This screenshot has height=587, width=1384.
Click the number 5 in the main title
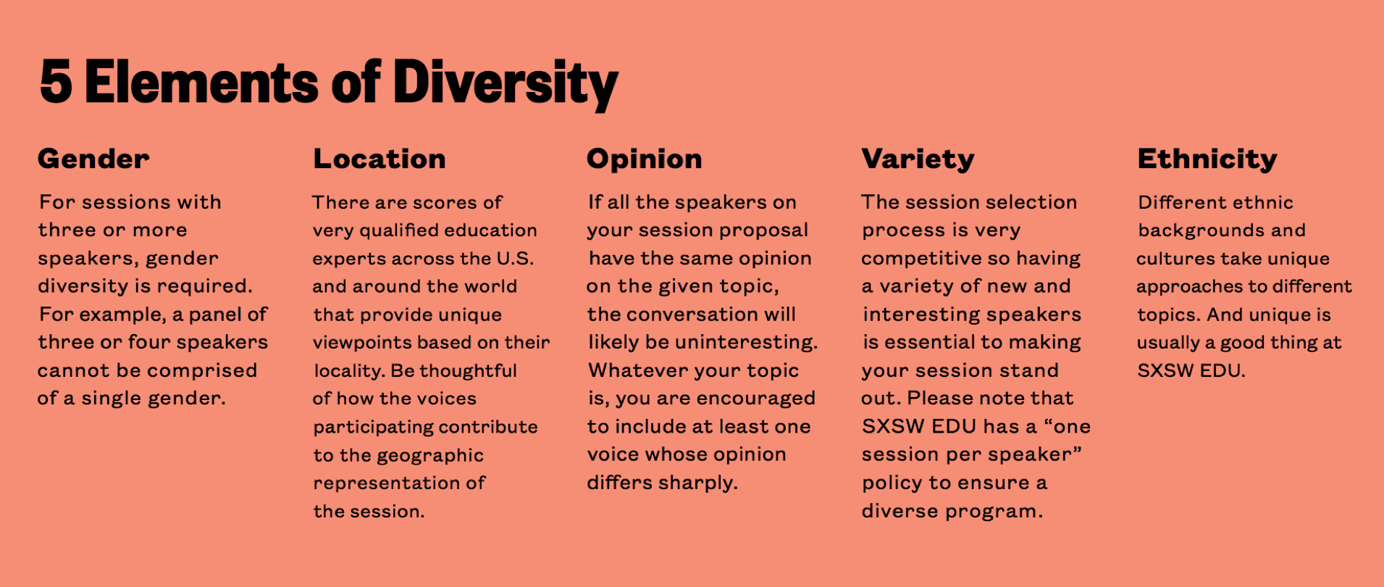pos(56,81)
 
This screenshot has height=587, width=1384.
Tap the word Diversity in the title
pos(506,84)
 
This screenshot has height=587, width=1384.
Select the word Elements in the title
pos(201,81)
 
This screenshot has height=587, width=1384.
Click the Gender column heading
pos(93,159)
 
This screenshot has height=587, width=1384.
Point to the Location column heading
pos(379,159)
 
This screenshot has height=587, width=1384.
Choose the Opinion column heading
pos(645,159)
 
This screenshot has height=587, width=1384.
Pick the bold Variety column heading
pos(918,159)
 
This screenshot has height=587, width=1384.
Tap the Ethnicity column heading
pos(1207,159)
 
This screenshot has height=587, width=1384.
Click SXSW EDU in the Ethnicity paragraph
pos(1191,371)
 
